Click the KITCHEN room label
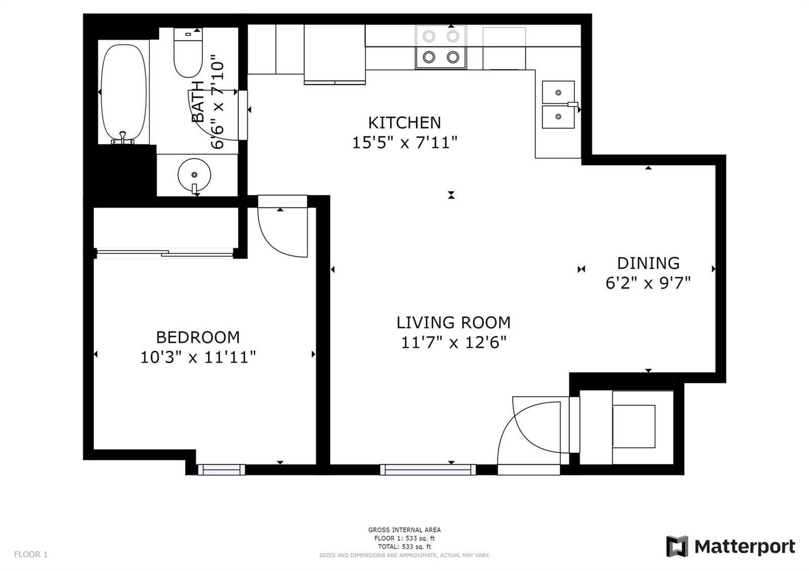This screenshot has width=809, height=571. coord(404,123)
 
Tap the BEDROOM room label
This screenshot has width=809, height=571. coord(198,338)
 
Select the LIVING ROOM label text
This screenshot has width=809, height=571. coord(454,322)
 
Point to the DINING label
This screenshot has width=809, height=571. coord(648,263)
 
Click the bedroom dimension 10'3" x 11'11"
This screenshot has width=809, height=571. coord(198,357)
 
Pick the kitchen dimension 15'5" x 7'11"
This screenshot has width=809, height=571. coord(404,142)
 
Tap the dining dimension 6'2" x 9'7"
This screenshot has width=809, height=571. coord(648,282)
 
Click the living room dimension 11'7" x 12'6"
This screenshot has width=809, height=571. coord(454,342)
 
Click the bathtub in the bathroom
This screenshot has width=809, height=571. coord(123,93)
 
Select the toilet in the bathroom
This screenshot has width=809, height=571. coord(188,53)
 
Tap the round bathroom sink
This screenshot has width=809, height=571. coord(194,175)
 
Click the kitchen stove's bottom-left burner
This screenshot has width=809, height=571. coord(429,57)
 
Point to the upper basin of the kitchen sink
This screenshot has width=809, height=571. coord(558,92)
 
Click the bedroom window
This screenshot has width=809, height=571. coord(221,469)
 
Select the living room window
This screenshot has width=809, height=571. coord(428,469)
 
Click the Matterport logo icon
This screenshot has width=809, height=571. coord(677,546)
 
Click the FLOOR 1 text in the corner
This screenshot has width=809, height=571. coord(31,554)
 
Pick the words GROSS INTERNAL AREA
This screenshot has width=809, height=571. coord(404,530)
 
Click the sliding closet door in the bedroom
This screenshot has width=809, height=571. coord(165,253)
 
